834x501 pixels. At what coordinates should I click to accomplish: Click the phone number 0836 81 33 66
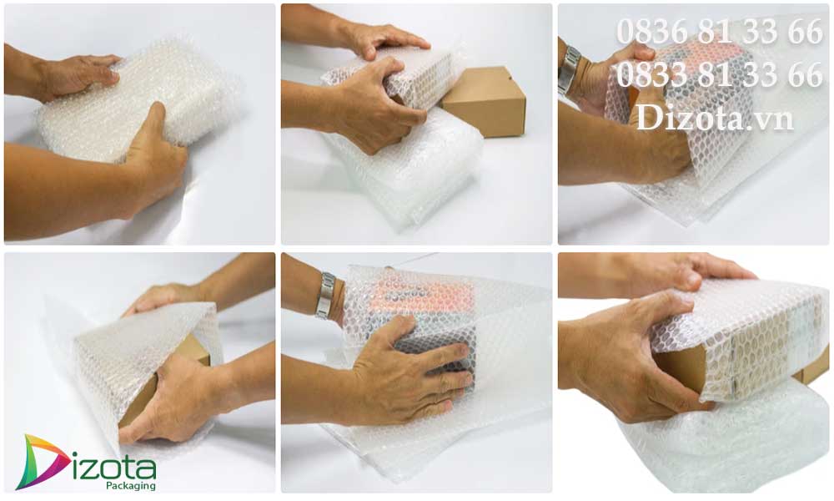[720, 32]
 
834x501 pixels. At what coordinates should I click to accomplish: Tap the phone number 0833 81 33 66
[720, 74]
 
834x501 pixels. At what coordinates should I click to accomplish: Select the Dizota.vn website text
[715, 118]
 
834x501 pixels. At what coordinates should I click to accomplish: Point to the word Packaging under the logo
[131, 486]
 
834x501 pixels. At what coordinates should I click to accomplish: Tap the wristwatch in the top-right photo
[569, 70]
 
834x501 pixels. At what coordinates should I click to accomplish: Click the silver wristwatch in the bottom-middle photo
[325, 296]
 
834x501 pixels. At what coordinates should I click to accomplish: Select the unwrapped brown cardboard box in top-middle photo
[484, 100]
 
